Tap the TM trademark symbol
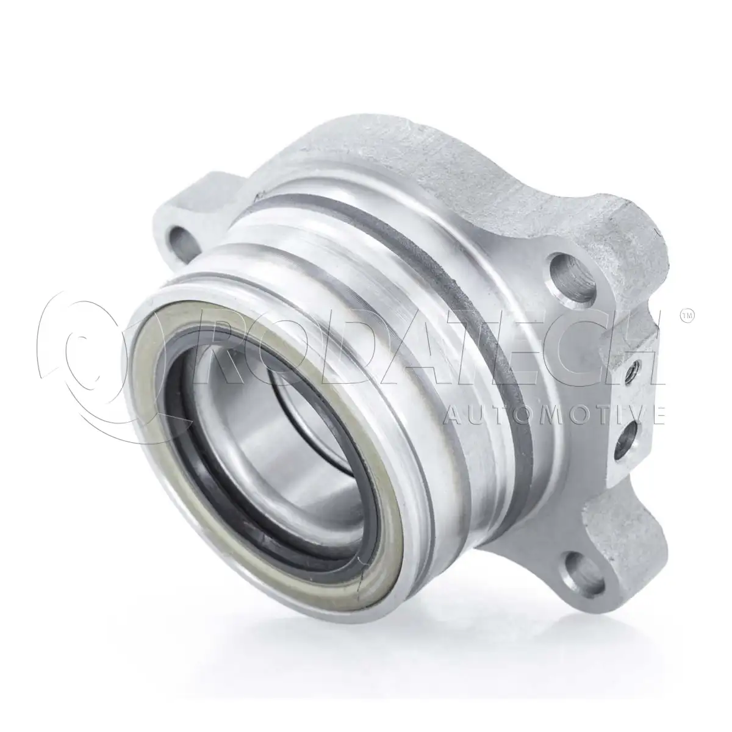pyautogui.click(x=687, y=316)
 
